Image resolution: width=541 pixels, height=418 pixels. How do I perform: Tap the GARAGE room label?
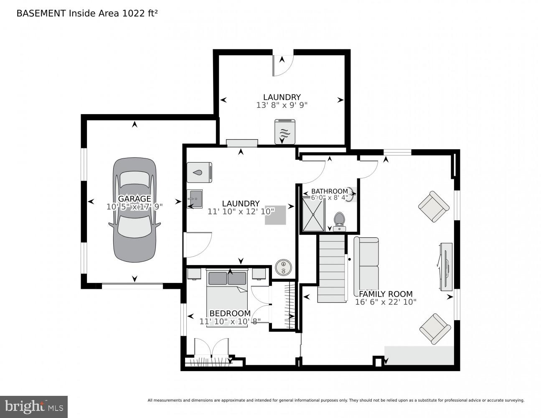[134, 199]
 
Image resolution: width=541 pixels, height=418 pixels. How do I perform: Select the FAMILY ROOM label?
[386, 294]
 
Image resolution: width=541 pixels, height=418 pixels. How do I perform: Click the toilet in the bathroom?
[339, 221]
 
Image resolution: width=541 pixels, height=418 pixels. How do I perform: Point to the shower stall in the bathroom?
[313, 214]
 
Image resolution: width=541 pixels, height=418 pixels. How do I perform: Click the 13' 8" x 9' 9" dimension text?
[282, 105]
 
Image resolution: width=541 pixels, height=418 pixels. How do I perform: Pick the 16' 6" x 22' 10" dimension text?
[386, 302]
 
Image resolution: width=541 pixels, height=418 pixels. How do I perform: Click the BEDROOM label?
[230, 313]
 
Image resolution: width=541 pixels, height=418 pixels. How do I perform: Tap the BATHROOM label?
[330, 191]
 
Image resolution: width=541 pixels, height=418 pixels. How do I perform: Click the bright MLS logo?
[34, 407]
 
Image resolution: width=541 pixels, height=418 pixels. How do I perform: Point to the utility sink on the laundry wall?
[195, 199]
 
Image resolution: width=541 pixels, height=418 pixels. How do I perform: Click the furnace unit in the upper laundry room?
[285, 132]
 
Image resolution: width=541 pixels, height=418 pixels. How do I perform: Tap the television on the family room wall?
[445, 266]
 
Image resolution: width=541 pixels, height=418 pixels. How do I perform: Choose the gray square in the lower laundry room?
[275, 215]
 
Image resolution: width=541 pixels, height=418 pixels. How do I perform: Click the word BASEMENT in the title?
[41, 13]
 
